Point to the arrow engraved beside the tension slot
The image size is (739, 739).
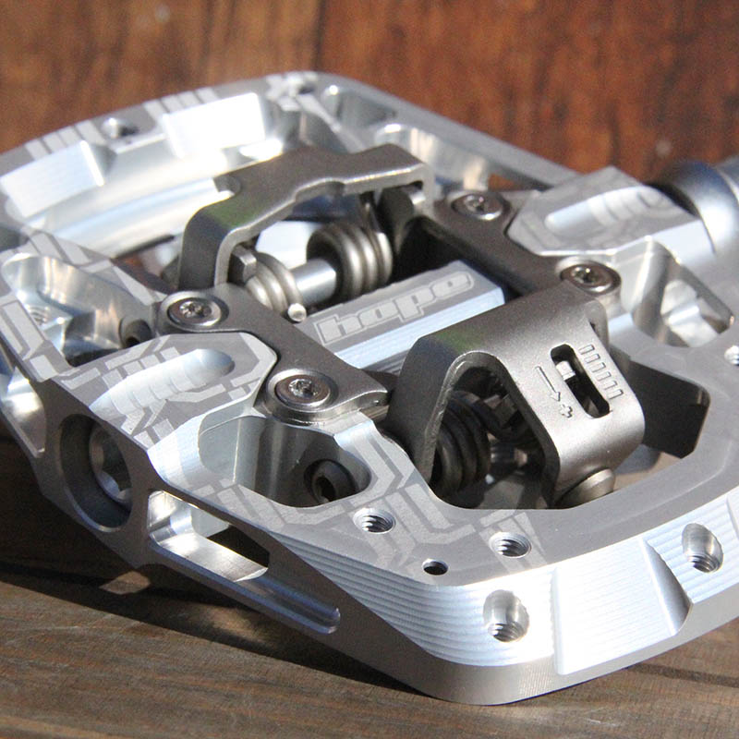click(x=548, y=382)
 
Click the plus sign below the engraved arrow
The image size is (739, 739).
click(x=566, y=409)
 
